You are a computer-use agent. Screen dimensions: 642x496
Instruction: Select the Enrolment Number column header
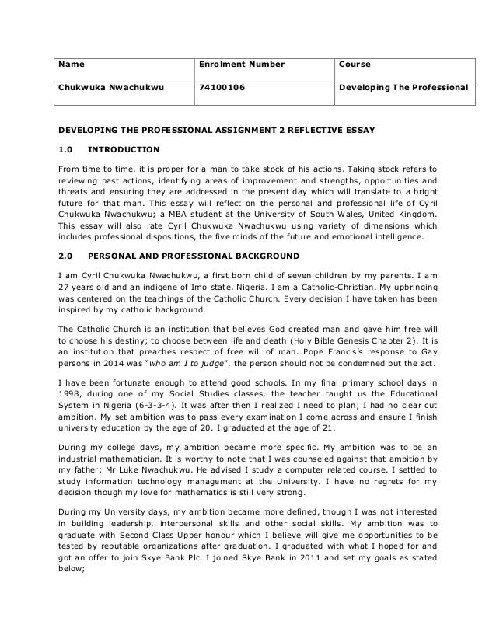(231, 64)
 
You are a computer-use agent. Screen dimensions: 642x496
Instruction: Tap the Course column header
(355, 64)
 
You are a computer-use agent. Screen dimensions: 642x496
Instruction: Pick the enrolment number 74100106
(222, 89)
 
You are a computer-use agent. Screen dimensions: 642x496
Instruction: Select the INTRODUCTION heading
(124, 149)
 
